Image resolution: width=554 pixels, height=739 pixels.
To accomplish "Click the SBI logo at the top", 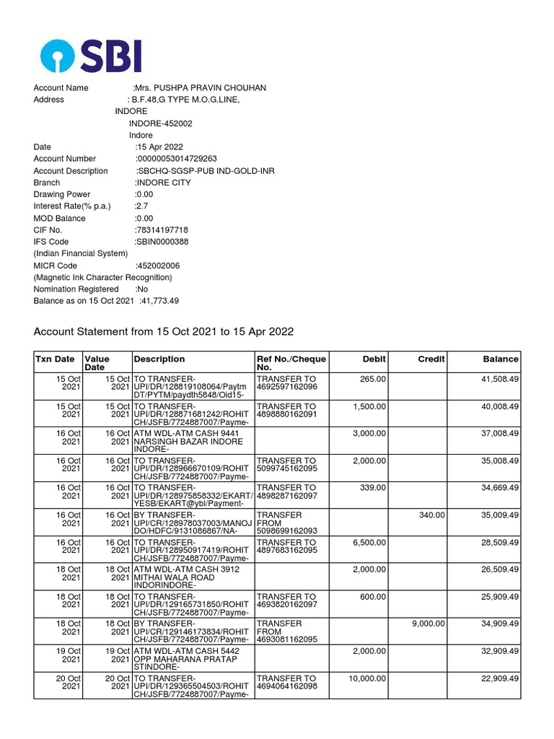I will tap(91, 56).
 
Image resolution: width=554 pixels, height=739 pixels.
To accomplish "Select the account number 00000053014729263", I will tap(177, 159).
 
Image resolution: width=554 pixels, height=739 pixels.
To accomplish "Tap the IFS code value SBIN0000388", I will tap(162, 242).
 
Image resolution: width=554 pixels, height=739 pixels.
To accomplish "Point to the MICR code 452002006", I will tap(158, 266).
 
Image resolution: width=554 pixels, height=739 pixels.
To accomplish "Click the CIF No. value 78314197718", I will tap(162, 230).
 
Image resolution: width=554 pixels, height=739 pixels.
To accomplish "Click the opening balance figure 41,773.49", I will tap(161, 301).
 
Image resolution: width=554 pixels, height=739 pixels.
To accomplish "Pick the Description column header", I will tap(159, 359).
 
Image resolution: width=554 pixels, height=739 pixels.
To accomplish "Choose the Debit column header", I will tap(374, 359).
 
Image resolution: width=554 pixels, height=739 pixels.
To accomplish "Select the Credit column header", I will tap(431, 359).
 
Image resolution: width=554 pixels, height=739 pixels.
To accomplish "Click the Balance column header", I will tap(501, 359).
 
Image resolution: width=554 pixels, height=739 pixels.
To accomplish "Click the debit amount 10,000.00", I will tap(367, 678).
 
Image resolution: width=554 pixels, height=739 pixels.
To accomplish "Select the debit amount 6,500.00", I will tap(369, 543).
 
